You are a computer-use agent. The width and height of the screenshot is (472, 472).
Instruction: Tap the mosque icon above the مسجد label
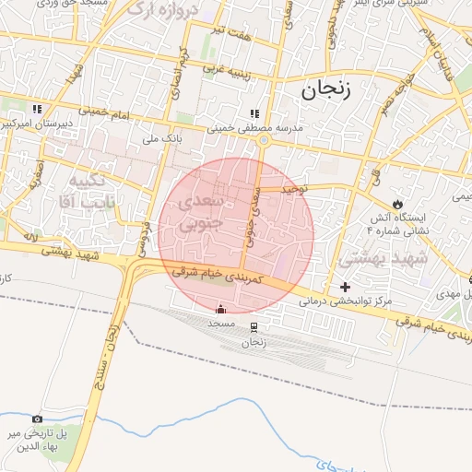(x=219, y=309)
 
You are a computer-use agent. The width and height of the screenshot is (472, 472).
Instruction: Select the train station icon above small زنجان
(x=254, y=326)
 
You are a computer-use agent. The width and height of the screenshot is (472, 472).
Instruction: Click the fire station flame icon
(x=397, y=203)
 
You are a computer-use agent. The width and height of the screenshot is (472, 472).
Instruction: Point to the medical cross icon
(x=346, y=287)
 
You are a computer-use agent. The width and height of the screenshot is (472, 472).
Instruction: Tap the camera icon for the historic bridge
(x=37, y=419)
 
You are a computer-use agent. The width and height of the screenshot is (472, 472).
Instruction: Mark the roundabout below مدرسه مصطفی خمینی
(x=263, y=140)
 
